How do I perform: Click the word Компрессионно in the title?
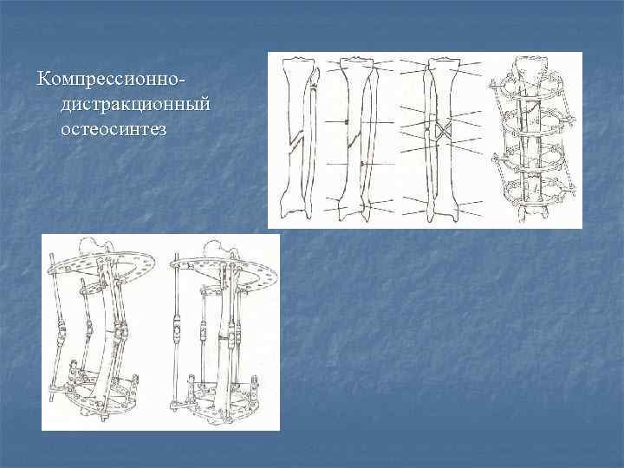point(107,79)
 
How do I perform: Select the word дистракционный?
point(135,104)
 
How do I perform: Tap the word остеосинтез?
point(114,129)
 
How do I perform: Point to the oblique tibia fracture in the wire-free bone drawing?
point(296,141)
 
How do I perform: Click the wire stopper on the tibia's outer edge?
point(347,121)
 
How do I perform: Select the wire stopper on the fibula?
point(362,164)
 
